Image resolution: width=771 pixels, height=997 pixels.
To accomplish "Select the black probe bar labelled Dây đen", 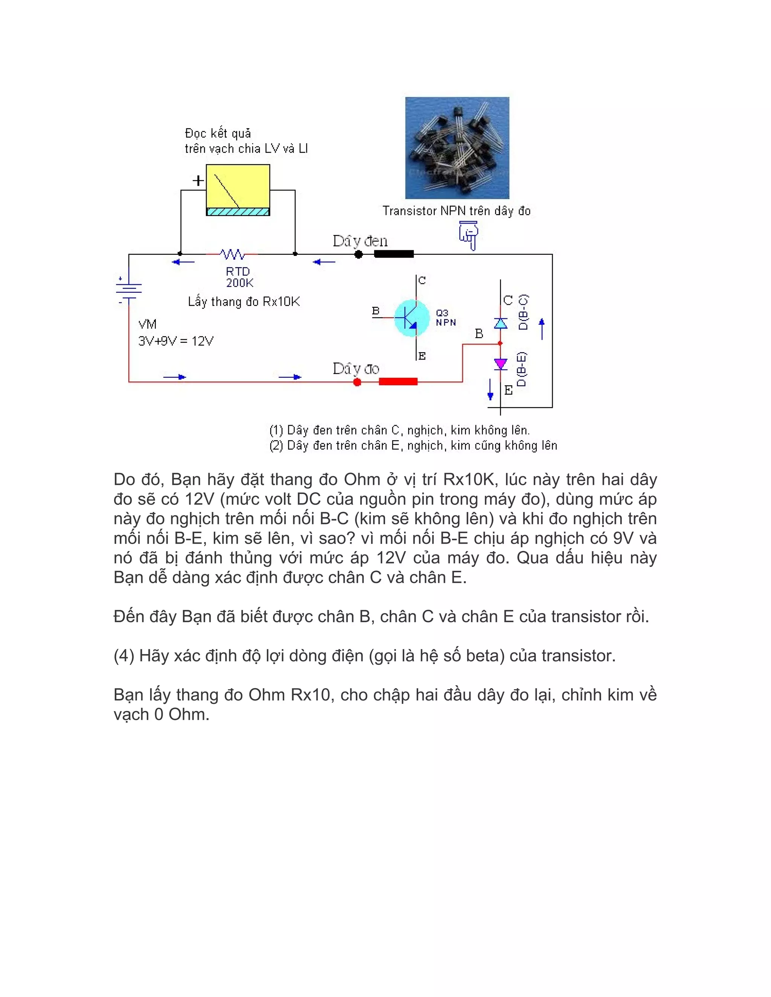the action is pyautogui.click(x=394, y=254).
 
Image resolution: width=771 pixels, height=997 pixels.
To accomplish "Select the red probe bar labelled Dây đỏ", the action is pyautogui.click(x=398, y=381).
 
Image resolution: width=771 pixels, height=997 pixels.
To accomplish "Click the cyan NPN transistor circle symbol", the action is pyautogui.click(x=412, y=318).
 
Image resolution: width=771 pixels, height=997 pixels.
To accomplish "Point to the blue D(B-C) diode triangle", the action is pyautogui.click(x=501, y=323).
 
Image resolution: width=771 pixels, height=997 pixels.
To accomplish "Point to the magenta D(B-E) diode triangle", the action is pyautogui.click(x=501, y=364).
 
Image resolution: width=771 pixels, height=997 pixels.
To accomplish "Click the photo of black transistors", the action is pyautogui.click(x=457, y=147).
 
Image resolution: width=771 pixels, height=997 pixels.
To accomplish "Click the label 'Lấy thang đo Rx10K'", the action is pyautogui.click(x=244, y=302).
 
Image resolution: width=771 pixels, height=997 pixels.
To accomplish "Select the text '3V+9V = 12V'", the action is pyautogui.click(x=176, y=341).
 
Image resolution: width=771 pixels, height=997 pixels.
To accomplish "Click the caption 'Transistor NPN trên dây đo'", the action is pyautogui.click(x=456, y=211).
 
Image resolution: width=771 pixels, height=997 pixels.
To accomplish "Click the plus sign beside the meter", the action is pyautogui.click(x=198, y=181).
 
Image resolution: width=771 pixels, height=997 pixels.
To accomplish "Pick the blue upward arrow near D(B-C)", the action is pyautogui.click(x=542, y=329).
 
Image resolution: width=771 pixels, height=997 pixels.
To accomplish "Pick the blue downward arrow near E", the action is pyautogui.click(x=491, y=389).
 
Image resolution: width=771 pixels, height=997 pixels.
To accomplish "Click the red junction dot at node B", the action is pyautogui.click(x=500, y=343).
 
